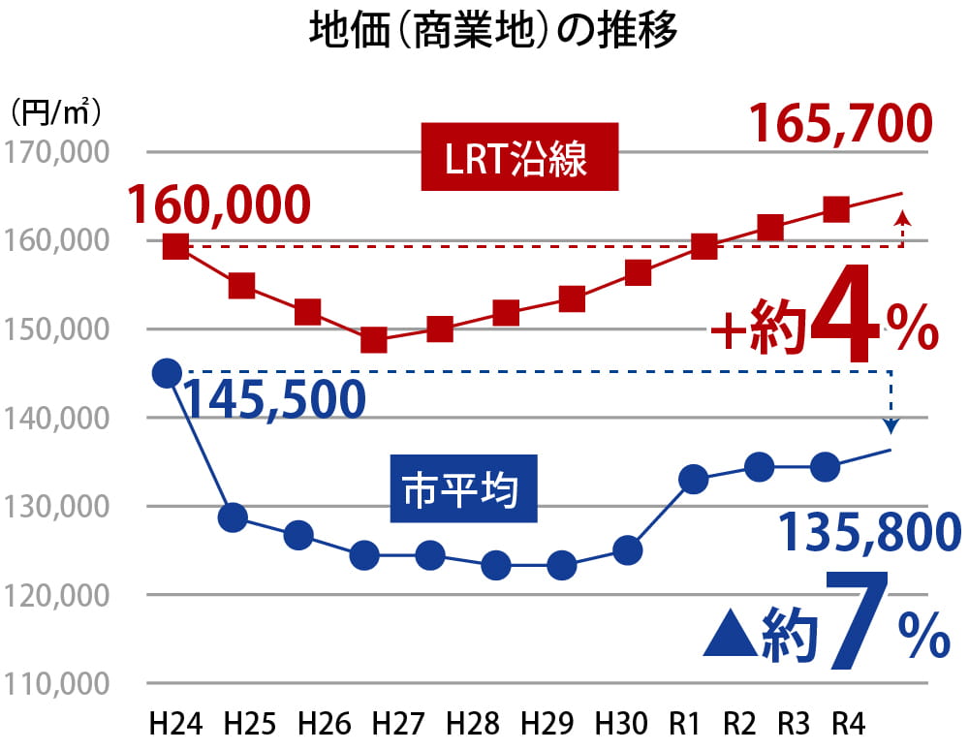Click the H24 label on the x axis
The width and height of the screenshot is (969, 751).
point(173,724)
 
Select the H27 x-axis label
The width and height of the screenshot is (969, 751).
point(396,724)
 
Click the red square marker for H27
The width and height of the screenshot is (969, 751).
point(374,340)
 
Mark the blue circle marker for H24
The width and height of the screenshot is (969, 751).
point(168,373)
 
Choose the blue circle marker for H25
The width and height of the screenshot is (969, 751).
point(233,517)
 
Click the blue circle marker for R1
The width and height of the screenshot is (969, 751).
point(694,479)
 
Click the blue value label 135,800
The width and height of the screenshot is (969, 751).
point(869,532)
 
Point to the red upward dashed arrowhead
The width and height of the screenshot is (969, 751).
point(903,218)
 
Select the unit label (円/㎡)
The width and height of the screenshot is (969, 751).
point(55,112)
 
